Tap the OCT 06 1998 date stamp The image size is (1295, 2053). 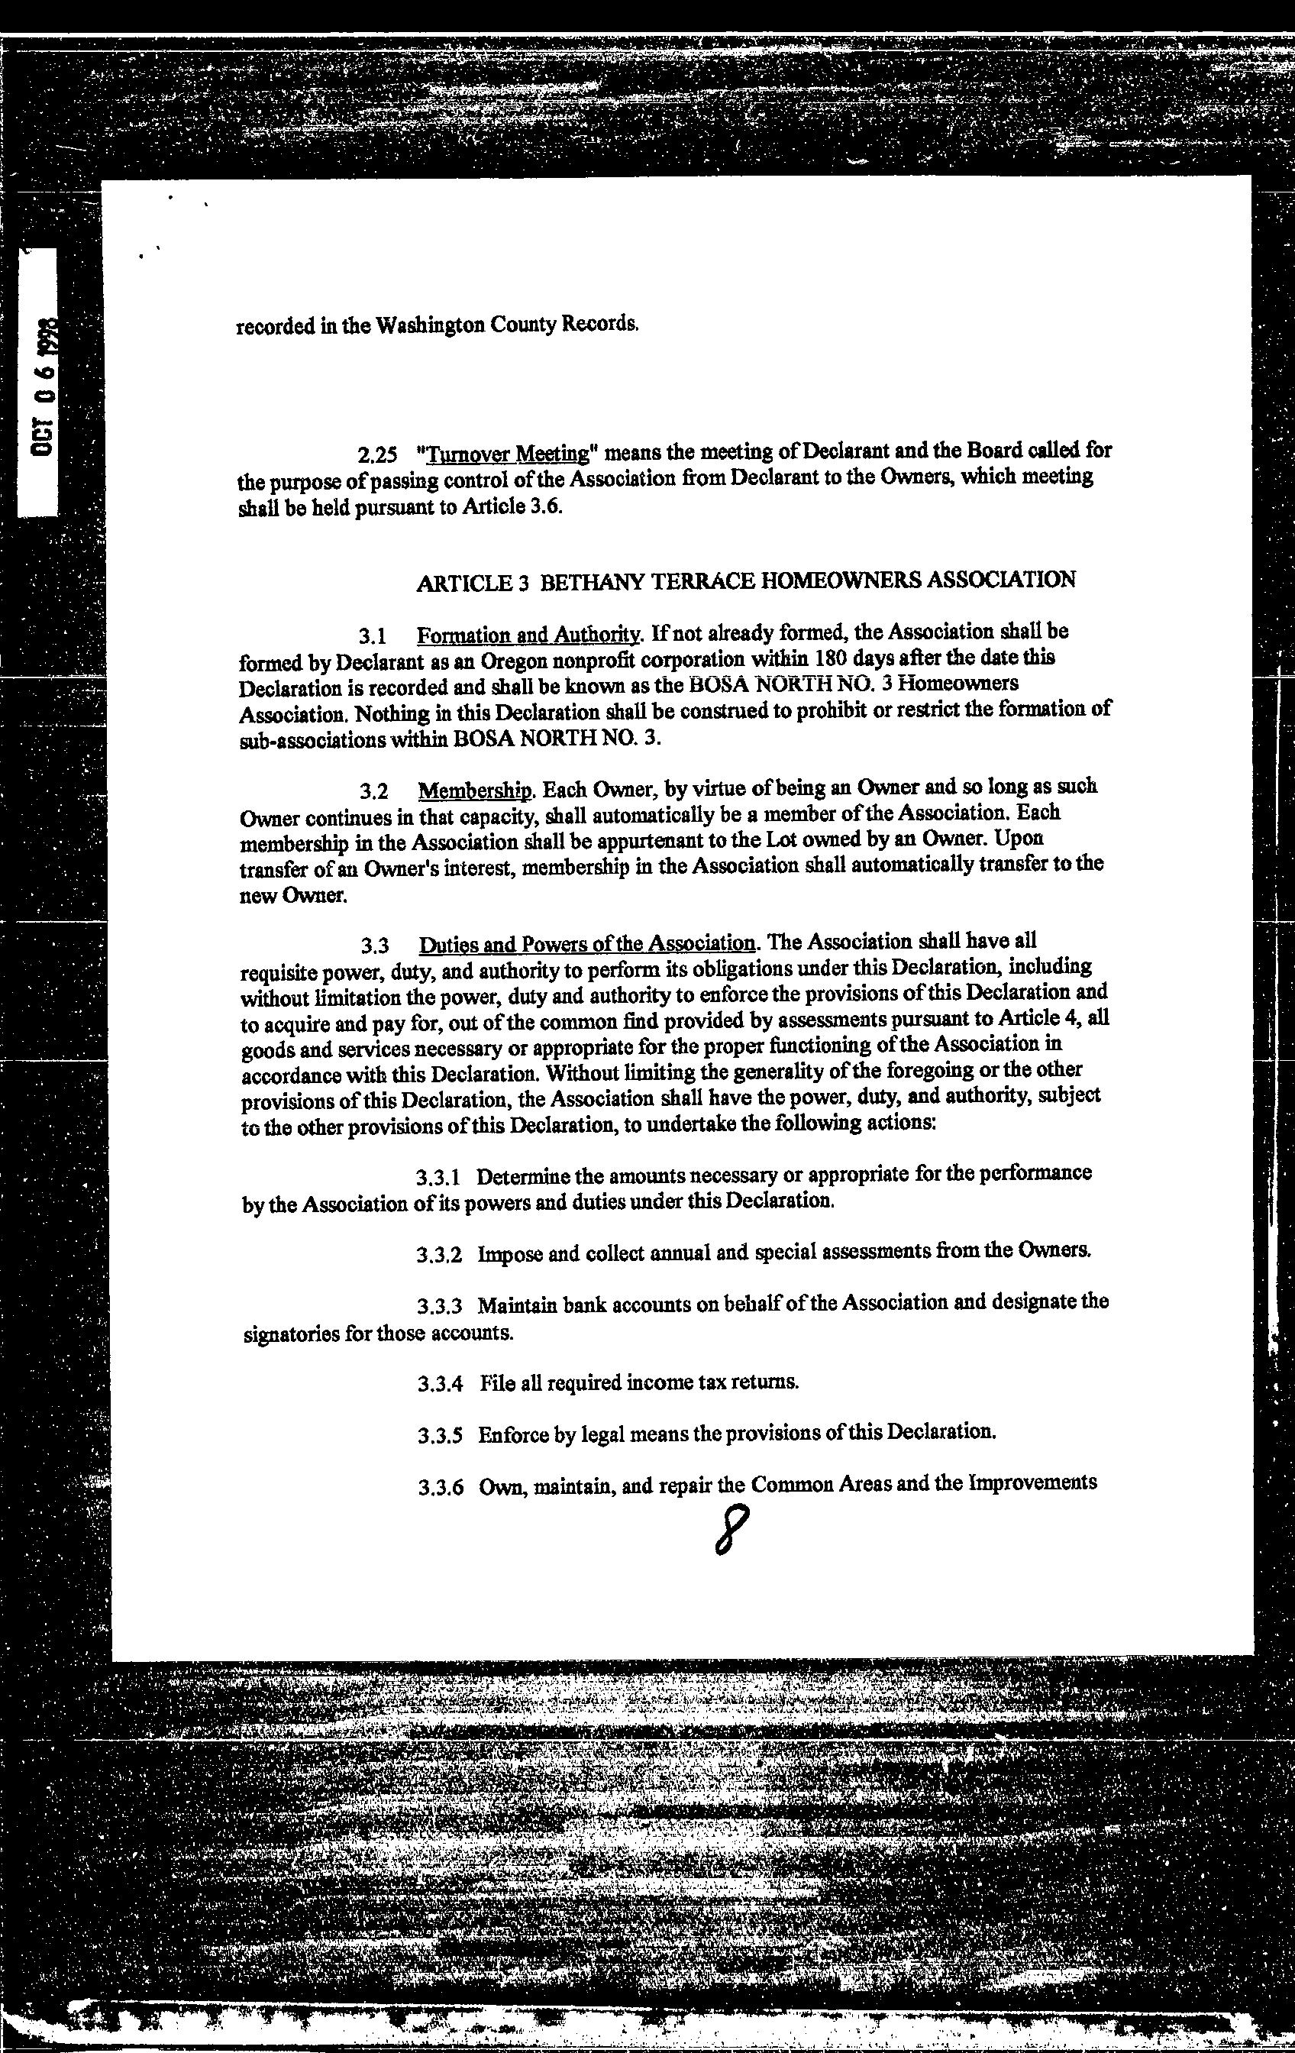44,386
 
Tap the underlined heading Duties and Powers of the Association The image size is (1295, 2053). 587,944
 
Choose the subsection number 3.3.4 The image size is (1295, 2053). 440,1384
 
